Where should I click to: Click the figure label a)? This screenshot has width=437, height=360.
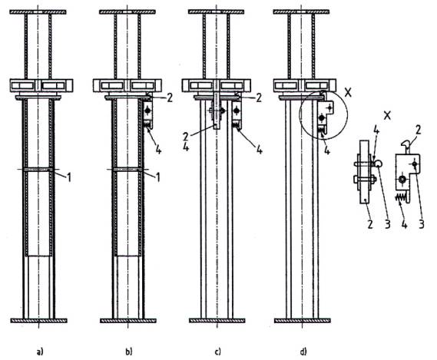click(40, 352)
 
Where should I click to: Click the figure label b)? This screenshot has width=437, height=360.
click(129, 352)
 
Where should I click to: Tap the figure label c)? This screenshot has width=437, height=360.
click(217, 352)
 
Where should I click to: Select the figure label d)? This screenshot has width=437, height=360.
click(303, 352)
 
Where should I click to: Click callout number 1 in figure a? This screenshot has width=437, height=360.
click(68, 177)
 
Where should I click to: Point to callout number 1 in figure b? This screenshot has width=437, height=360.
click(157, 177)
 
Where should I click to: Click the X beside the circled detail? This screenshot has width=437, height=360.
click(348, 93)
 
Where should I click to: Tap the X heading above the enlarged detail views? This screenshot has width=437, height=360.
click(387, 115)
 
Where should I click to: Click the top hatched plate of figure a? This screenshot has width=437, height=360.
click(38, 12)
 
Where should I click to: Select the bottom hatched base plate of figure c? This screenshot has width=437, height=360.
click(217, 321)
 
